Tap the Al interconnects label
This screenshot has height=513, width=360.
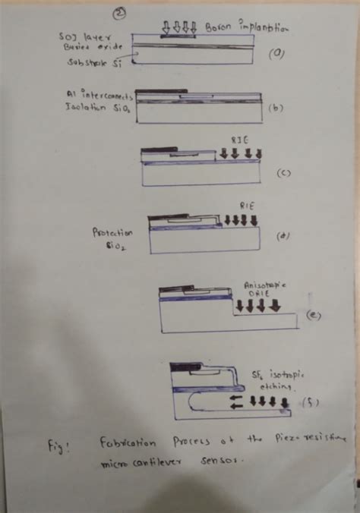click(x=99, y=95)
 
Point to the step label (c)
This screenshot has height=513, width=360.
click(x=283, y=173)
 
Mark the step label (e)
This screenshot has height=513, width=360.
click(x=311, y=315)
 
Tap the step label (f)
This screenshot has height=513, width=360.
click(x=311, y=402)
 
